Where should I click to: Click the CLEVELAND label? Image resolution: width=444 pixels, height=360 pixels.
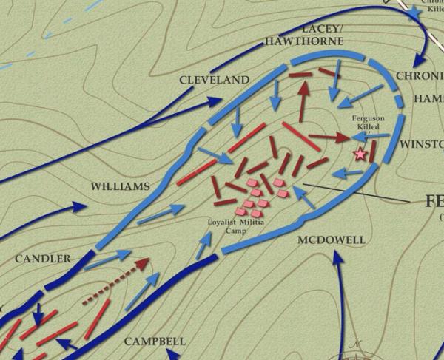[215, 79]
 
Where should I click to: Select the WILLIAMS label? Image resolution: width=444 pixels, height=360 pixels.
[119, 186]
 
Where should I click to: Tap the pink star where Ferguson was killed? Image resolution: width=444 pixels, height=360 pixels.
[360, 154]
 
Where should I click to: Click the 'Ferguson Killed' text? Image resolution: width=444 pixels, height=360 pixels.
[368, 122]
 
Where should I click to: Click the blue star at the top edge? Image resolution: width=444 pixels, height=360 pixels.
[412, 13]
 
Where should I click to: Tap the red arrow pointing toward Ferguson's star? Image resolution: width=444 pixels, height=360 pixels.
[330, 137]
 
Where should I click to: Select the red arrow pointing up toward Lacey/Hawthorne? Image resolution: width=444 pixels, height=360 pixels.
[303, 98]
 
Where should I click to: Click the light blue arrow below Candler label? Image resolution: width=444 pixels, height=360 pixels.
[103, 260]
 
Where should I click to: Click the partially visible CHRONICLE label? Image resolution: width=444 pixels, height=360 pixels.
[420, 76]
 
